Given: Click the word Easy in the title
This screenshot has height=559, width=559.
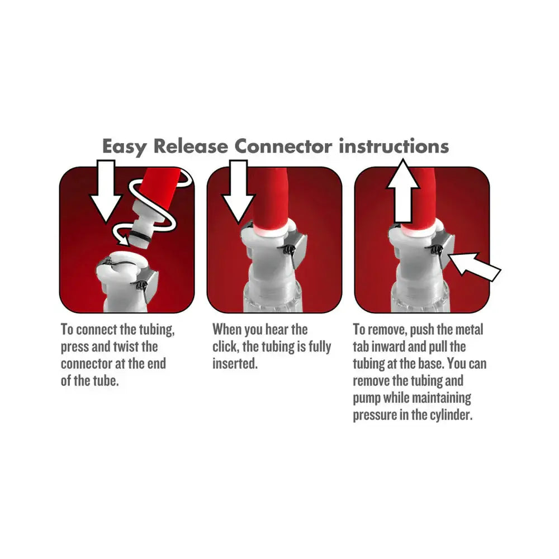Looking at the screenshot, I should (x=124, y=146).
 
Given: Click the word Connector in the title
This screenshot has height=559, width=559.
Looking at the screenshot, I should (x=283, y=146).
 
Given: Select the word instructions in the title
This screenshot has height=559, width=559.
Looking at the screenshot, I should (x=395, y=146).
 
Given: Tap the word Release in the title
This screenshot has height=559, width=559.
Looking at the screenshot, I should (x=191, y=146).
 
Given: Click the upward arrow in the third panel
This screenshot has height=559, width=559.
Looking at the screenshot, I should (x=402, y=193).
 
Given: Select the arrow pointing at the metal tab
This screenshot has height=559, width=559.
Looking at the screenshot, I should (x=475, y=267).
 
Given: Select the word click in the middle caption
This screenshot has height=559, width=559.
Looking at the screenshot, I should (x=225, y=347).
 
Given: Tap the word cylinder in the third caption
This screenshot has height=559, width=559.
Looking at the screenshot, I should (x=449, y=416).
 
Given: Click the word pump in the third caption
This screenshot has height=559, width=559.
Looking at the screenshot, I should (x=364, y=399).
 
